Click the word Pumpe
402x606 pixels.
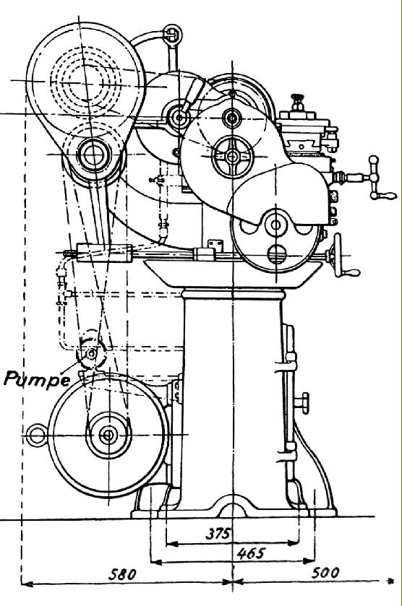[x=37, y=378]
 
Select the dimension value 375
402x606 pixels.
[x=218, y=533]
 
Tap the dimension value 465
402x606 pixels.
[x=251, y=553]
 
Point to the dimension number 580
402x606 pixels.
[x=122, y=574]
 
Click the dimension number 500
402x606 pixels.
[x=325, y=572]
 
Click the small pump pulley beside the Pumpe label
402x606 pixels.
[x=91, y=353]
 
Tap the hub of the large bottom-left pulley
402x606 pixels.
[x=108, y=435]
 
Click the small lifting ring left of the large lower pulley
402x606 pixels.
[x=38, y=436]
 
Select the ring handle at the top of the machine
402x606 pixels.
[x=172, y=34]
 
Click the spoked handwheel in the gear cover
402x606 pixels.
[x=233, y=157]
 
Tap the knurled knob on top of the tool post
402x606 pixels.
[x=297, y=102]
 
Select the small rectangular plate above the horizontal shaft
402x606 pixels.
[x=216, y=245]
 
